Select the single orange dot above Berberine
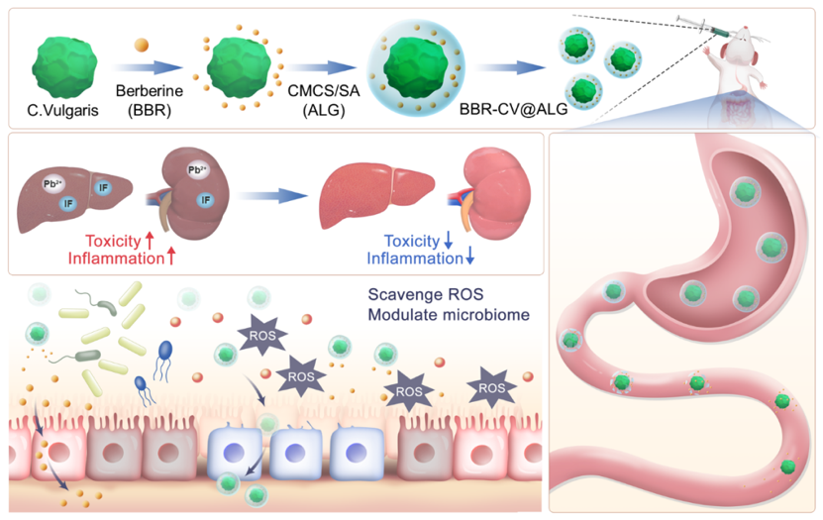(143, 45)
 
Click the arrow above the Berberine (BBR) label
(150, 68)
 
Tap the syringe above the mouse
(706, 29)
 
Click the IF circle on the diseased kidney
(206, 199)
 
